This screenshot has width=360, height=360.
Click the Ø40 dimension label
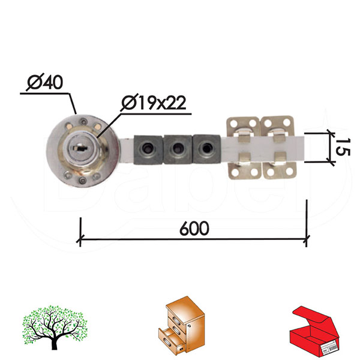(x=45, y=82)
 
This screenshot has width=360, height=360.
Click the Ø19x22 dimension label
(x=154, y=103)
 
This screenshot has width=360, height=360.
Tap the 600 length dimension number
(x=194, y=228)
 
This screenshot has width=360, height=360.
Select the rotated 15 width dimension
(x=343, y=147)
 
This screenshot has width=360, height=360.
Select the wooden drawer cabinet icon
(x=181, y=326)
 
